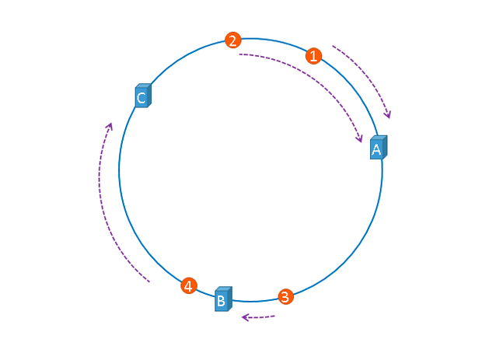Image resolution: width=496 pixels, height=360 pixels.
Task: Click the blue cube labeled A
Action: coord(378,148)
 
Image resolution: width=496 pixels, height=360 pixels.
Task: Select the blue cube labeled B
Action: coord(223,299)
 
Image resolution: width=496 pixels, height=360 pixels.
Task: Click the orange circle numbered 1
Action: coord(313,56)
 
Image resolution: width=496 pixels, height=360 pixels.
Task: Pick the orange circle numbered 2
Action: coord(232,40)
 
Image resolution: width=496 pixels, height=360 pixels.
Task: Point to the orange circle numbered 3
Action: coord(285,296)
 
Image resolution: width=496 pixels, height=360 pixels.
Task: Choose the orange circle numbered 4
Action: coord(188,286)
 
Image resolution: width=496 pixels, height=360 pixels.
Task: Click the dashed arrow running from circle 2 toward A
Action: coord(311,74)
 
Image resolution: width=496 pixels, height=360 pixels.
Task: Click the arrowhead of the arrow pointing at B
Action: coord(244,317)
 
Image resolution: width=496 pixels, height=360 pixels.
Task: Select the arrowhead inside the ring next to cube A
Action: coord(359,138)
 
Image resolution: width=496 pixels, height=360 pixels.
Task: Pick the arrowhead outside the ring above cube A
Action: coord(387,115)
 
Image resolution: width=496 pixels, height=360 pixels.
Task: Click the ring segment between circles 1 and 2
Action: coord(272,41)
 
